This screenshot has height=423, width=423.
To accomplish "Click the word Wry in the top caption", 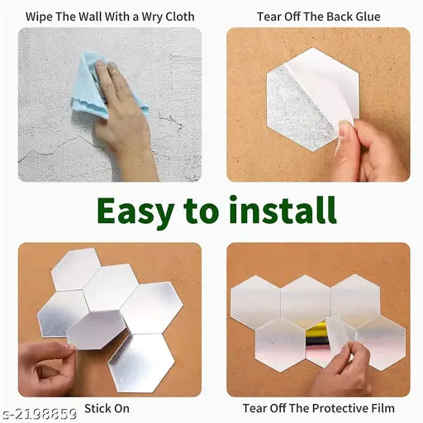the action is point(153,17).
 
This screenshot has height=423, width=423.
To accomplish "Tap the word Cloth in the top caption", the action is point(180,17).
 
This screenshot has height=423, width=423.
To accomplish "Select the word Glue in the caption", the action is point(368,17).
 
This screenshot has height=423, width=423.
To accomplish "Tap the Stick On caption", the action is point(107,408).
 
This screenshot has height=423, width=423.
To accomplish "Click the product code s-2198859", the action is point(39,414).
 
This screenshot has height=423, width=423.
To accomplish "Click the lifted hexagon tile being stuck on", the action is point(97,330).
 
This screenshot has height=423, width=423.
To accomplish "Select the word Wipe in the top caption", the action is point(40,17).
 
